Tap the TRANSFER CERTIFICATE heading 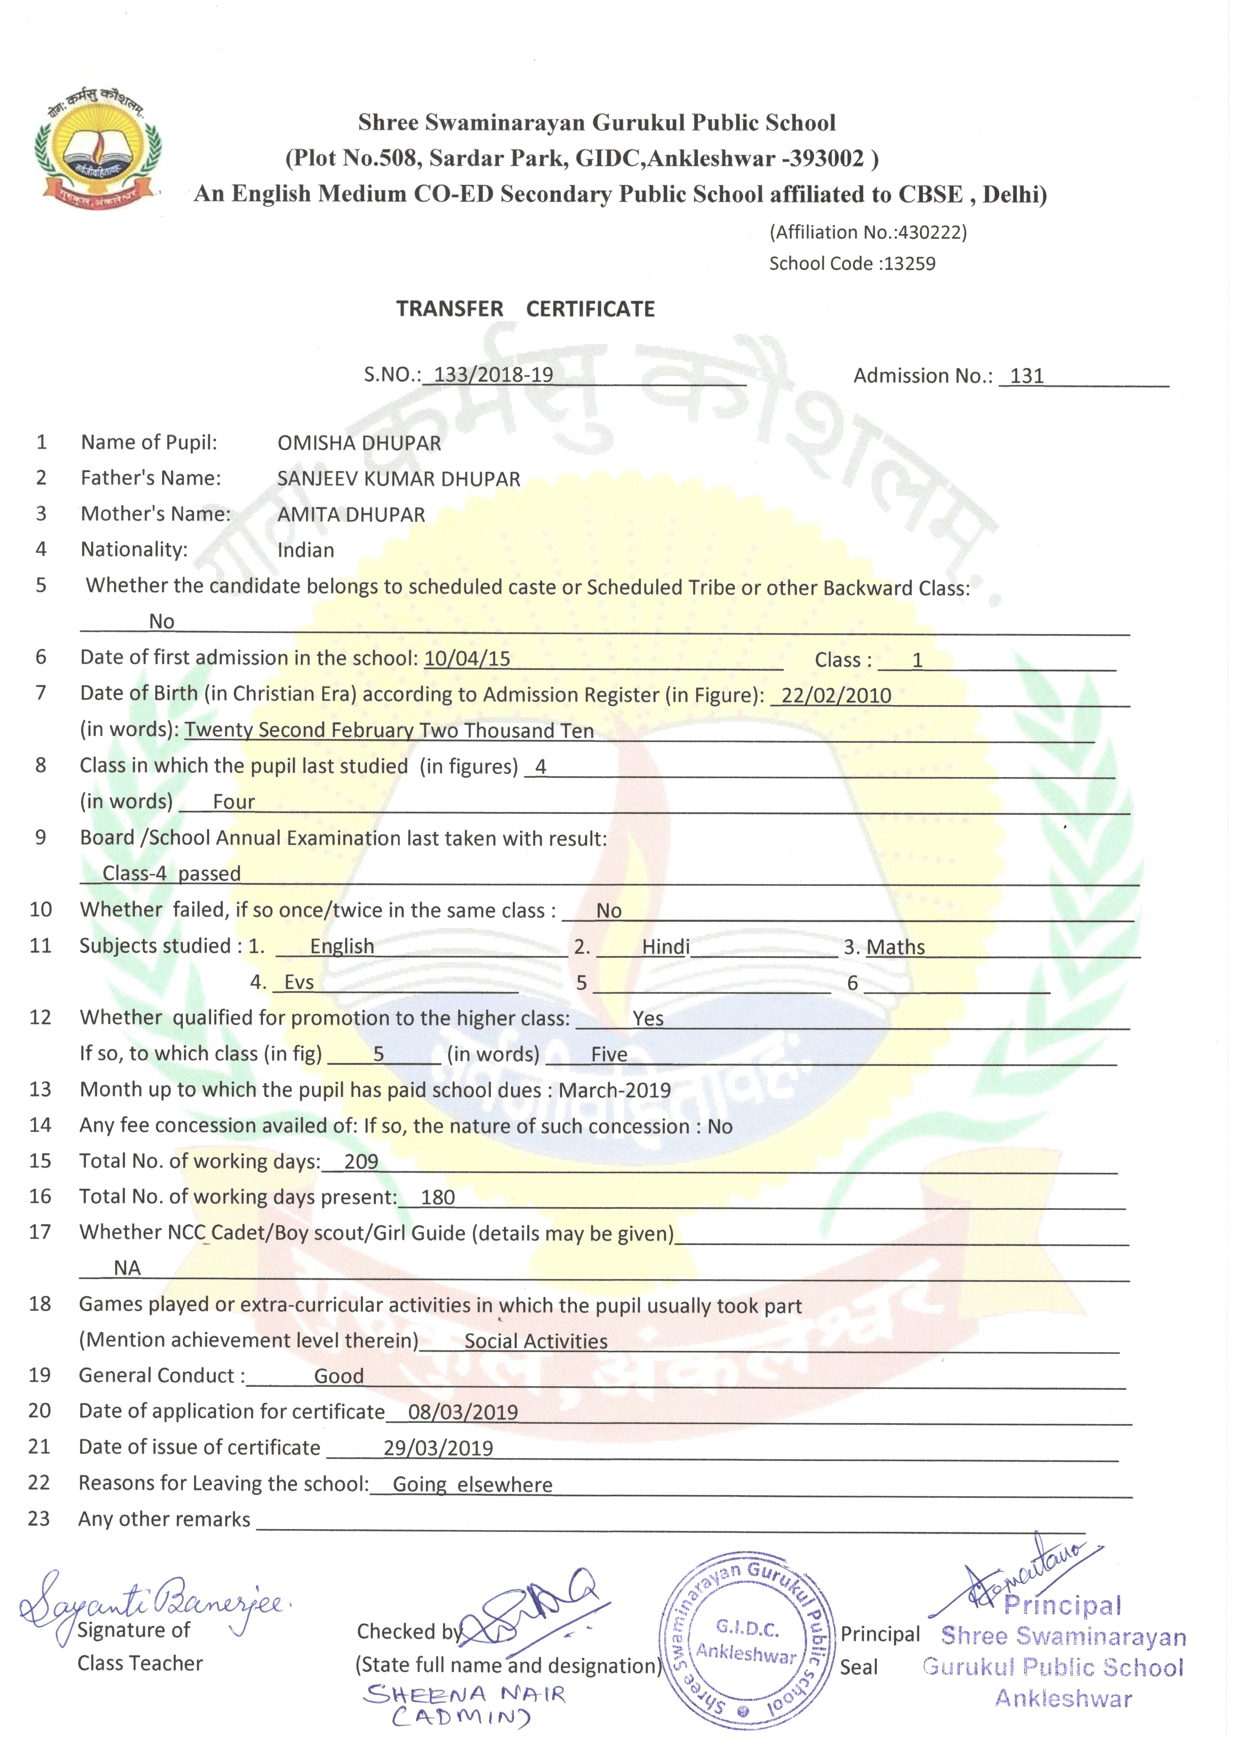525,309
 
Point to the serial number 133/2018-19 493,375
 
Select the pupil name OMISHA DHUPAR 359,443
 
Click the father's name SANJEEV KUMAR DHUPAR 399,479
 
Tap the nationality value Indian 305,551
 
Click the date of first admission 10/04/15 467,658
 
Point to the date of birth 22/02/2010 836,695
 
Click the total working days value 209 361,1161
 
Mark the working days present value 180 438,1197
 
